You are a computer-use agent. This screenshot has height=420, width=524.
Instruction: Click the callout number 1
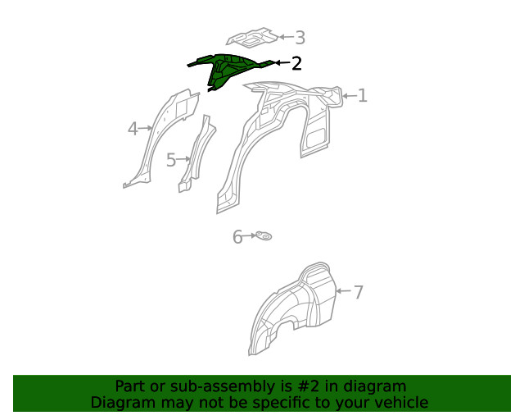(362, 96)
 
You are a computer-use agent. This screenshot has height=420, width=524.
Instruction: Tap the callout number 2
(296, 63)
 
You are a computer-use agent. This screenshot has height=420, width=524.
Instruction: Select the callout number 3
(300, 37)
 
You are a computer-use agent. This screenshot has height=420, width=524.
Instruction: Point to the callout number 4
(133, 129)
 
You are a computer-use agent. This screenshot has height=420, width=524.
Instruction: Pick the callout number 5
(171, 160)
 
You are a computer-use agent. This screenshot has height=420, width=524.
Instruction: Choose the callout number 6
(237, 237)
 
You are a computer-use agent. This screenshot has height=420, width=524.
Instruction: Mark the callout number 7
(358, 291)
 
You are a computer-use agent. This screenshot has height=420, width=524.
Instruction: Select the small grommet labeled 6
(264, 237)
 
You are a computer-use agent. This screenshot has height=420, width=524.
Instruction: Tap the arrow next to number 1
(348, 96)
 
